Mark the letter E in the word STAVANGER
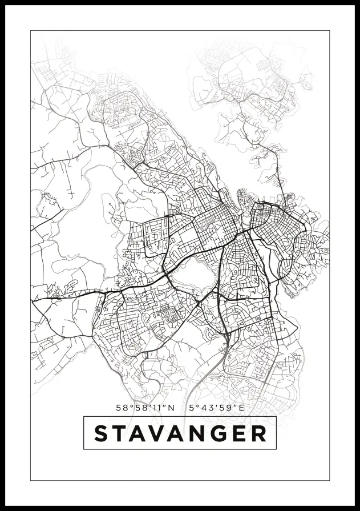tap(240, 433)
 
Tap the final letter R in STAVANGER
tap(258, 433)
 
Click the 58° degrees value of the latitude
tap(122, 408)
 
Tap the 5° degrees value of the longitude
tap(192, 408)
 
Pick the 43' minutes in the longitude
tap(206, 408)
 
